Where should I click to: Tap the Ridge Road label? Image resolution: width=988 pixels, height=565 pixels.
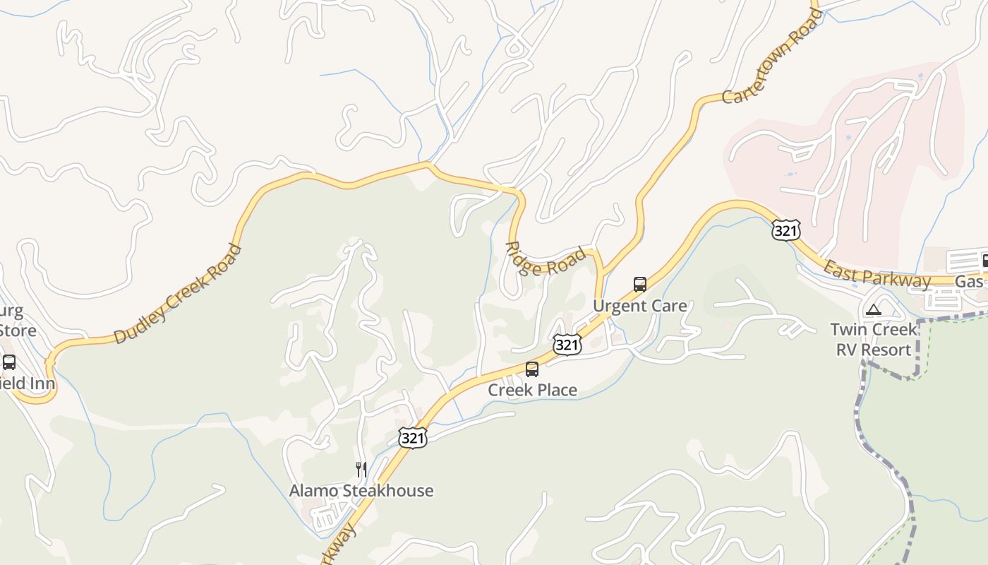[546, 260]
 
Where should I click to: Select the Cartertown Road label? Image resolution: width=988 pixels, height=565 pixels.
[771, 56]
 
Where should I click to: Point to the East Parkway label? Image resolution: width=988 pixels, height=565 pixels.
[877, 274]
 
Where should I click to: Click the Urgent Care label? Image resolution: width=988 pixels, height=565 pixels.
[639, 306]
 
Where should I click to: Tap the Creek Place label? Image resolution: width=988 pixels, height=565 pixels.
[532, 390]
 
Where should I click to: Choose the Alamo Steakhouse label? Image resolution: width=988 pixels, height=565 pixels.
[361, 490]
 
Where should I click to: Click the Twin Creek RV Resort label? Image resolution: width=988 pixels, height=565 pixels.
[874, 339]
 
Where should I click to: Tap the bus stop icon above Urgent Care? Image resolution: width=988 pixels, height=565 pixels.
[640, 285]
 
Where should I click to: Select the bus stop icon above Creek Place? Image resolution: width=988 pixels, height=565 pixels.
[532, 369]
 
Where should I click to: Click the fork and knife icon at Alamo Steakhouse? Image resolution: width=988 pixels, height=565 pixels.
[361, 470]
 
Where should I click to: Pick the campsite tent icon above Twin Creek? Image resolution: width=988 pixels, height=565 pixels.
[874, 309]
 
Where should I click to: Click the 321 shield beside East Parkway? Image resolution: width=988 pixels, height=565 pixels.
[785, 230]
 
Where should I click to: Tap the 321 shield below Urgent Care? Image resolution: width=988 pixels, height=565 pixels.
[567, 345]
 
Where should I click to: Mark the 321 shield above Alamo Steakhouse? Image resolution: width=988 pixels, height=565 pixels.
[412, 438]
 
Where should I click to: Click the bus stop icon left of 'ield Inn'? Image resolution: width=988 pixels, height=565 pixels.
[9, 362]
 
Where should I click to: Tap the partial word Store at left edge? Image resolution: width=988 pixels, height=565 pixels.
[18, 330]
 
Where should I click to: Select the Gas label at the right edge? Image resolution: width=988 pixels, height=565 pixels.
[969, 282]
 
